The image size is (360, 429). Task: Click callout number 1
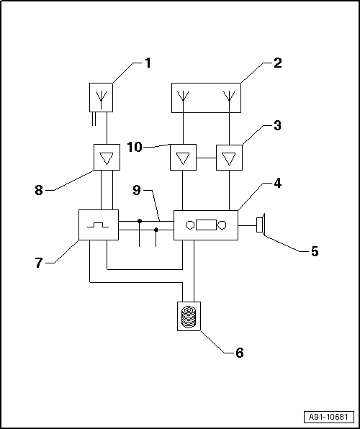[148, 63]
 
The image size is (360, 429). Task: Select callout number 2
[277, 63]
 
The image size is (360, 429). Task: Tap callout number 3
[277, 125]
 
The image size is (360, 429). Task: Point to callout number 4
[277, 183]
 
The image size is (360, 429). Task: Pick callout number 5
[315, 251]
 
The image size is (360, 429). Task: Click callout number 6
[240, 353]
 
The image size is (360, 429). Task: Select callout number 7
[39, 263]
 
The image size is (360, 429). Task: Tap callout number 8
[39, 190]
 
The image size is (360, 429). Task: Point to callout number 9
[137, 190]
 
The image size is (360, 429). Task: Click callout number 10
[135, 148]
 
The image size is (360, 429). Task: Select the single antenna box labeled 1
[101, 97]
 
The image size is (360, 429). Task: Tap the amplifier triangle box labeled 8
[107, 157]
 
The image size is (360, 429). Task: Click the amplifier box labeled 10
[183, 157]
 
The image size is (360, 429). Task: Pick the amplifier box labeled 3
[229, 158]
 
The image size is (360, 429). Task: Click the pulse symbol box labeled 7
[99, 225]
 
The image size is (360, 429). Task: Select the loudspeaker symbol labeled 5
[261, 225]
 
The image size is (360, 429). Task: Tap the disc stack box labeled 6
[189, 316]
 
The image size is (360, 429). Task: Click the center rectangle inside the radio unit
[206, 225]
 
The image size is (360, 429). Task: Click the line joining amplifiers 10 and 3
[206, 158]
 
